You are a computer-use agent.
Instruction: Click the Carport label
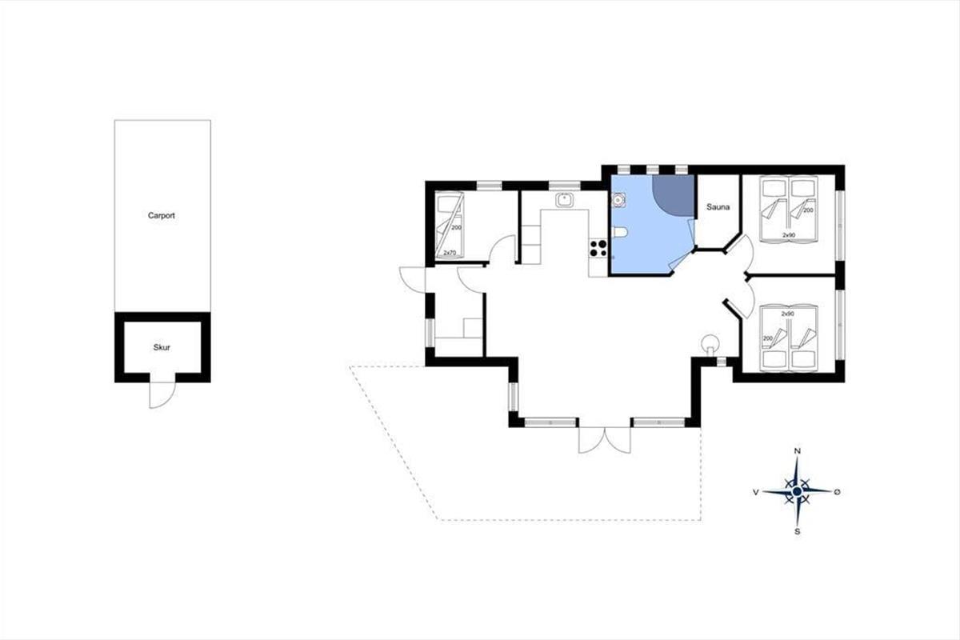click(161, 216)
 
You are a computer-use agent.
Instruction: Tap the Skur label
click(162, 347)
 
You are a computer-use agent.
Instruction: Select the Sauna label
click(718, 207)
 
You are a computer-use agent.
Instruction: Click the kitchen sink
click(565, 200)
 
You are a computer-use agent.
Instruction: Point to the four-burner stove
click(598, 248)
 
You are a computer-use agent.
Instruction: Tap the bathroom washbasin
click(618, 200)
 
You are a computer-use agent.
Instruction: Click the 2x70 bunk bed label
click(450, 253)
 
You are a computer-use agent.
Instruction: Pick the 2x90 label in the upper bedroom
click(789, 235)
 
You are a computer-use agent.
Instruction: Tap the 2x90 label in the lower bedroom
click(788, 314)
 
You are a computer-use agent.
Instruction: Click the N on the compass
click(798, 450)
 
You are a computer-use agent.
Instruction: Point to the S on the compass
click(797, 531)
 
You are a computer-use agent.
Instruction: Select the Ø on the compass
click(837, 492)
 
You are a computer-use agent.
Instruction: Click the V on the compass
click(756, 492)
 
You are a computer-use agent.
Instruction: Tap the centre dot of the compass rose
click(797, 491)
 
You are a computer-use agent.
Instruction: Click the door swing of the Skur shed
click(162, 395)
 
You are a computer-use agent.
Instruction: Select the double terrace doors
click(604, 440)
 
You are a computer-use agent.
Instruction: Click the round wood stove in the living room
click(710, 343)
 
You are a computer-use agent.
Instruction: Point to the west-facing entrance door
click(412, 279)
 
